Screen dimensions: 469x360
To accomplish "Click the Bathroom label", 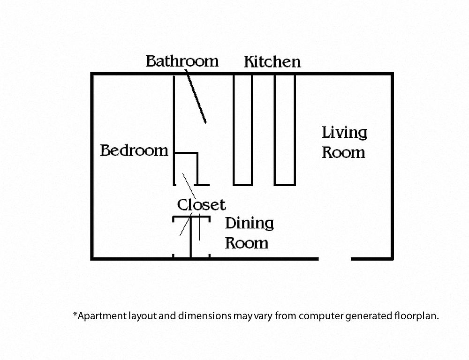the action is click(182, 61).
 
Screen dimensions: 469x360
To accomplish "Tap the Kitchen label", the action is click(272, 61).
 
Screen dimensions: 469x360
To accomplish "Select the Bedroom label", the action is click(134, 150).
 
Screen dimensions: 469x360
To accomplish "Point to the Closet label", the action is click(201, 205).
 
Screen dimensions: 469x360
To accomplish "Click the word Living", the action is click(344, 133).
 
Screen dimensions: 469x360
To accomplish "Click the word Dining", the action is click(249, 224).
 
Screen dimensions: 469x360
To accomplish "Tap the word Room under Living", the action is click(343, 152).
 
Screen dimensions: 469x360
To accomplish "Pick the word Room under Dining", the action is click(247, 243).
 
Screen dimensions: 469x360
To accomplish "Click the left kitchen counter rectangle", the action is click(242, 130).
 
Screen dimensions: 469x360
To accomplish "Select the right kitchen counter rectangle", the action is click(285, 130).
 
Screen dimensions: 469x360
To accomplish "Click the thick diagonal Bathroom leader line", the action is click(196, 96).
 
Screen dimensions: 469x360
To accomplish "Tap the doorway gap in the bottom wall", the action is click(335, 259).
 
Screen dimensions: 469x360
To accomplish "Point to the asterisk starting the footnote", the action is click(75, 314).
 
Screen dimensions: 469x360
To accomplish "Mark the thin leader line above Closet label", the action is click(189, 186).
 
